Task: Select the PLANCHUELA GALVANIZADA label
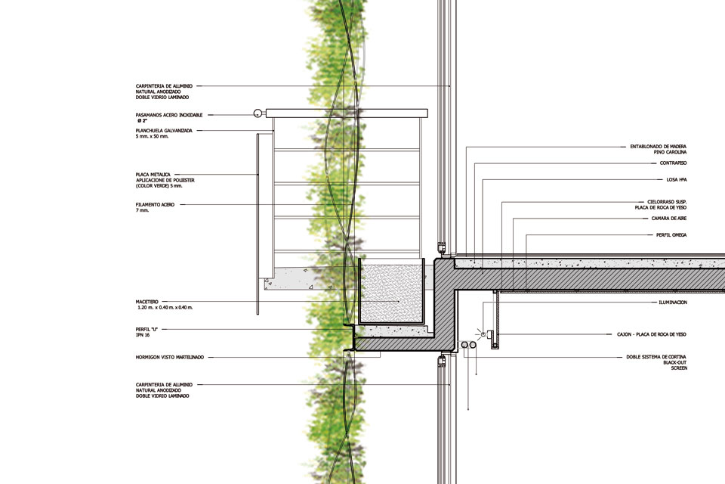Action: point(164,131)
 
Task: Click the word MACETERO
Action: point(148,301)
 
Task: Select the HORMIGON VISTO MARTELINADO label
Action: point(170,357)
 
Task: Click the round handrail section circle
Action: point(258,113)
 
